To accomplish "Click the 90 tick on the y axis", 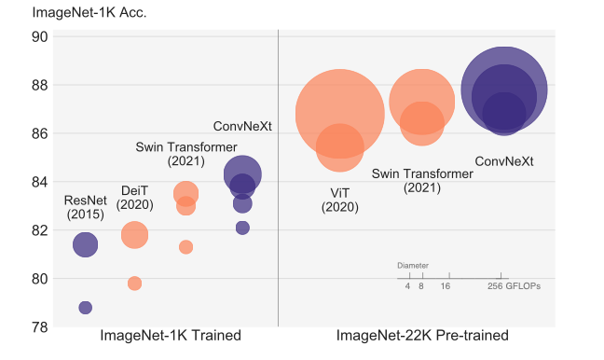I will pos(41,37).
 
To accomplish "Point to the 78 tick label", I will pos(41,326).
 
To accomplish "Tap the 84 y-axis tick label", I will pos(41,182).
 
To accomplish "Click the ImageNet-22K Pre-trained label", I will pos(422,336).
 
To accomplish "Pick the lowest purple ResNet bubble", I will pos(86,308).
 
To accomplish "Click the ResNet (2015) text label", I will pos(86,207).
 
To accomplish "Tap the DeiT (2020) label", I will pos(135,198).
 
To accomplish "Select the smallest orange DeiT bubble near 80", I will pos(134,283).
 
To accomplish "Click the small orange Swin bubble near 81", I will pos(185,247).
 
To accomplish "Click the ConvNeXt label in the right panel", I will pos(504,161).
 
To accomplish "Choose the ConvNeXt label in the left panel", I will pos(242,127).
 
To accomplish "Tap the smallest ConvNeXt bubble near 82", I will pos(242,228).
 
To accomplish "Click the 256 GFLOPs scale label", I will pos(514,286).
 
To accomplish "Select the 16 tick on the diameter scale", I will pos(446,286).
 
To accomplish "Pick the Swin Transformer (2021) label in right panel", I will pos(422,180).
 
